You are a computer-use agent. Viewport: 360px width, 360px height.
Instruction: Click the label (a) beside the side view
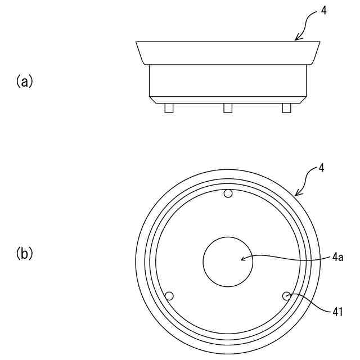[x=24, y=82]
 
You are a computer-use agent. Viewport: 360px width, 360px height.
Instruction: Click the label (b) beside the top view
[x=24, y=254]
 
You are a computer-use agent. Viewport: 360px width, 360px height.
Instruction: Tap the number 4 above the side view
[x=322, y=11]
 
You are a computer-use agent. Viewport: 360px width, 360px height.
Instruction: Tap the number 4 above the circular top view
[x=321, y=168]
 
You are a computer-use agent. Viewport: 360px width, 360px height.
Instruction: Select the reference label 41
[x=337, y=311]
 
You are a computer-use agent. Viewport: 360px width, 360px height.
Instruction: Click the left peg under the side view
[x=169, y=108]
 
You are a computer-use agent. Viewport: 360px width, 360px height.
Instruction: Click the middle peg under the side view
[x=228, y=108]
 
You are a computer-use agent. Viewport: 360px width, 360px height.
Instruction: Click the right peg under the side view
[x=286, y=108]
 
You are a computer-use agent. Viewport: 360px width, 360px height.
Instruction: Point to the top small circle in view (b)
[x=228, y=194]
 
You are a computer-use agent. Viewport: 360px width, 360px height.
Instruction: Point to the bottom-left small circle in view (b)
[x=169, y=296]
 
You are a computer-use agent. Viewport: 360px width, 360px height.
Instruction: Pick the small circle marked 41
[x=286, y=296]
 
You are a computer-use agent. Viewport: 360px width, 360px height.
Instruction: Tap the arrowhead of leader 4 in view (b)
[x=296, y=194]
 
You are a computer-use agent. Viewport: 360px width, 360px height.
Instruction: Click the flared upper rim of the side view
[x=228, y=53]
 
